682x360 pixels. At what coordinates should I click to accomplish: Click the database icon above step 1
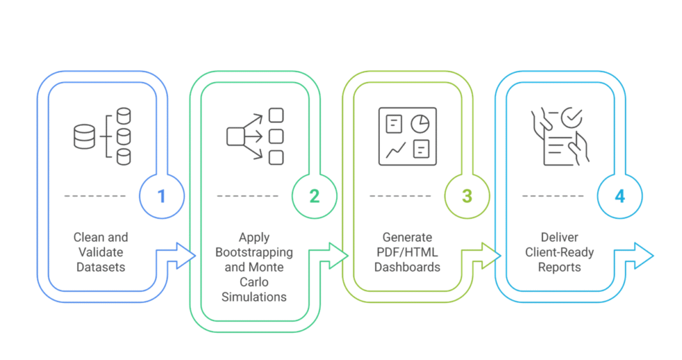coord(102,136)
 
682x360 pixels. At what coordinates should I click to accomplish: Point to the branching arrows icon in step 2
coord(255,136)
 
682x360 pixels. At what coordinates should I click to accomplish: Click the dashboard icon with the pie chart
coord(407,136)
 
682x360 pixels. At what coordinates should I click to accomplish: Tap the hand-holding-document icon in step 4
coord(560,136)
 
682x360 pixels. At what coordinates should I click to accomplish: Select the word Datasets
coord(101,267)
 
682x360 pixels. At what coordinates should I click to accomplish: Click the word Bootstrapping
coord(254,252)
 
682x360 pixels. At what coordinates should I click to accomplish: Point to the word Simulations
coord(254,297)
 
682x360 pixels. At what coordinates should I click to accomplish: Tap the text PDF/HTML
coord(407,252)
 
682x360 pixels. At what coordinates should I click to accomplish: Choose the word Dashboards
coord(407,267)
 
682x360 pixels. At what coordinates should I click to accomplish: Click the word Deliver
coord(560,237)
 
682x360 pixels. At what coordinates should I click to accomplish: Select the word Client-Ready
coord(560,252)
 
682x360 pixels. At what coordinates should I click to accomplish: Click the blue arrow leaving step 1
coord(182,256)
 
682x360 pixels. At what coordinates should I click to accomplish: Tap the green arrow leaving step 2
coord(335,256)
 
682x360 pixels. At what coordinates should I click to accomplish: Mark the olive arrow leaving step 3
coord(488,256)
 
